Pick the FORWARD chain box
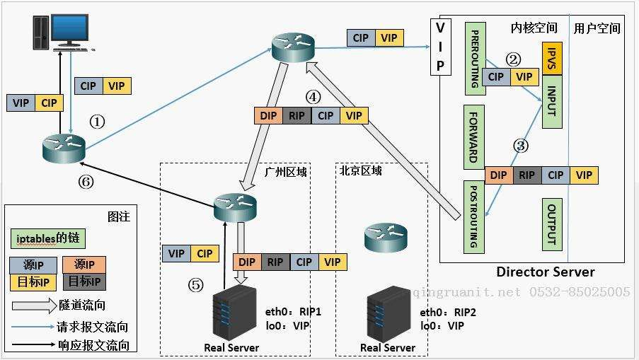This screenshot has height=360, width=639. (x=473, y=135)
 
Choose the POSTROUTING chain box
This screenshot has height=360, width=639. (x=473, y=216)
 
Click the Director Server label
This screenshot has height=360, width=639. (x=545, y=272)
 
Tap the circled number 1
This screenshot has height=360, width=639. (x=97, y=122)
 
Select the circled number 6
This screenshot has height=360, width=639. (x=86, y=182)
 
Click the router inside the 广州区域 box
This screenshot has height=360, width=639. (x=235, y=205)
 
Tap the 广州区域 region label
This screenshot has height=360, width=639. (x=285, y=171)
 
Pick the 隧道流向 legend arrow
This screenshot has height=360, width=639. (x=33, y=306)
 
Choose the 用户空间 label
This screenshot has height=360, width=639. (x=597, y=28)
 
